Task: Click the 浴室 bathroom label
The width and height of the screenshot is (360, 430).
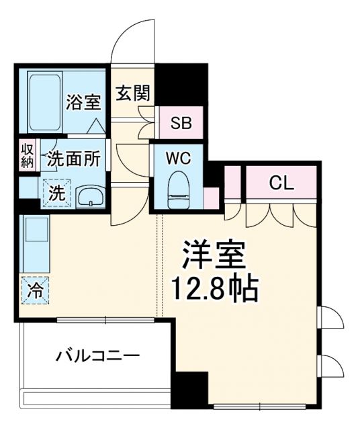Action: tap(84, 103)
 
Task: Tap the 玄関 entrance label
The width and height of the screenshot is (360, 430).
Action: tap(132, 93)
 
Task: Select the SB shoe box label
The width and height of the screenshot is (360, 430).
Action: tap(179, 123)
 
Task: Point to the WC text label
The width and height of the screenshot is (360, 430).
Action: tap(179, 159)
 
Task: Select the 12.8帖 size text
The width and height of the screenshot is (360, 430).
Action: tap(214, 290)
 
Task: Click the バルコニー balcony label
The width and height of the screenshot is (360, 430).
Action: tap(97, 355)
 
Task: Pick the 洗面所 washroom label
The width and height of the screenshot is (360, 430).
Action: tap(74, 159)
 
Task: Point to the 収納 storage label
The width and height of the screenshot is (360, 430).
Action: tap(26, 155)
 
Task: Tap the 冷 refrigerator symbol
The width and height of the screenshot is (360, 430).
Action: tap(33, 291)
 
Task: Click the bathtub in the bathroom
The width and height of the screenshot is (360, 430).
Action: tap(46, 103)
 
